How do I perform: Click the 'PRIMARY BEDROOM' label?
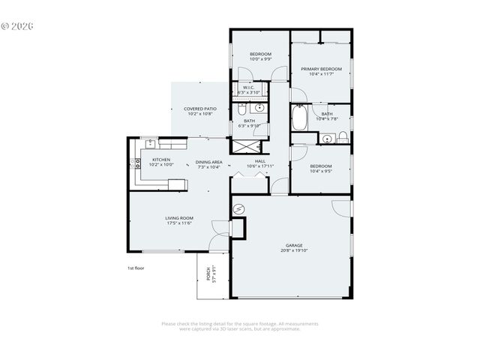coord(321,69)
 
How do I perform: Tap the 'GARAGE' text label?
coord(293,245)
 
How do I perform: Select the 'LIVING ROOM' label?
coord(179,217)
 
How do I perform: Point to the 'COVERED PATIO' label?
coord(200,109)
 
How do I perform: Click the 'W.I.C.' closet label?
coord(248,87)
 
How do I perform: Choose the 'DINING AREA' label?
coord(208,162)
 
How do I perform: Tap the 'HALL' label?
coord(259,160)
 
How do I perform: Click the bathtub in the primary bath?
coord(299,118)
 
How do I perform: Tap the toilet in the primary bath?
coord(343,136)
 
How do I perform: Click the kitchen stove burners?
coord(137,161)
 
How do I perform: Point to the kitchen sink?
coord(151,142)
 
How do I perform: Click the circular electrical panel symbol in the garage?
coord(240,209)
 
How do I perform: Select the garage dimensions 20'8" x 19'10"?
coord(293,250)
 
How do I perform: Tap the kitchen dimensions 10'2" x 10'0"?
coord(162,164)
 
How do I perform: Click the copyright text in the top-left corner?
coord(17,25)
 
